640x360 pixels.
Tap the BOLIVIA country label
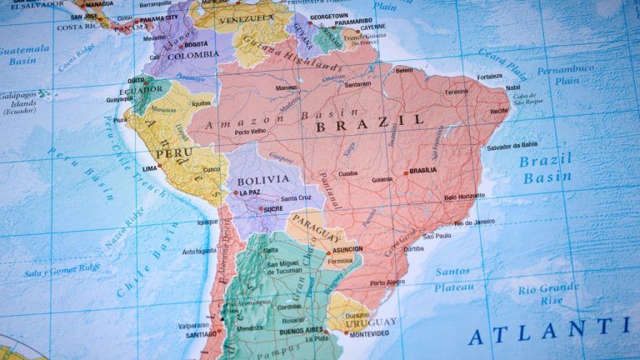pos(264,179)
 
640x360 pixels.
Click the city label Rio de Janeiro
pos(477,222)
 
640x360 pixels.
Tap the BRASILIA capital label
pos(423,170)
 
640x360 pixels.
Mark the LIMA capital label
pos(150,168)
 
